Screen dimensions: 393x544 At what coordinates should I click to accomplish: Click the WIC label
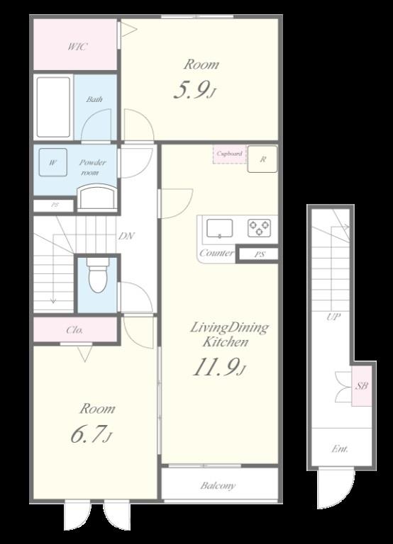pos(77,47)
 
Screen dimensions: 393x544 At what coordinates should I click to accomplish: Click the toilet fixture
pos(97,275)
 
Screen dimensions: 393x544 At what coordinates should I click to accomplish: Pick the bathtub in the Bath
pos(53,107)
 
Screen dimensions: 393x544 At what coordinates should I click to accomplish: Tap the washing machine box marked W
pos(52,162)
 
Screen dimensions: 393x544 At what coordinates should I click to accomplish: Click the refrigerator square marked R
pos(262,159)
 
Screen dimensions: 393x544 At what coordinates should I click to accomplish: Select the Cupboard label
pos(229,153)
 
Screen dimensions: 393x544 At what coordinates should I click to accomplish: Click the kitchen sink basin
pos(220,228)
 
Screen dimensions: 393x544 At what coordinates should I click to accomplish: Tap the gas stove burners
pos(260,228)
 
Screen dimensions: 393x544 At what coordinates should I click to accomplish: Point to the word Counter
pos(216,253)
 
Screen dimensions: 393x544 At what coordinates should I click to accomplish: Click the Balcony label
pos(218,485)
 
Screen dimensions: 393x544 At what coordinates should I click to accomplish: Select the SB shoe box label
pos(361,385)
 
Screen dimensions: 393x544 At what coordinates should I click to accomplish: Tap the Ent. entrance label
pos(340,449)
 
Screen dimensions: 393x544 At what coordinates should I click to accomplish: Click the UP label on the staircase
pos(333,317)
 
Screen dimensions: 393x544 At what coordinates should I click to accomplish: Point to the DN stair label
pos(126,237)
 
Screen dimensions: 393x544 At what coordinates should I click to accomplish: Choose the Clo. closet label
pos(74,329)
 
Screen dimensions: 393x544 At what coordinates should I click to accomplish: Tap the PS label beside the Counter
pos(260,254)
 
